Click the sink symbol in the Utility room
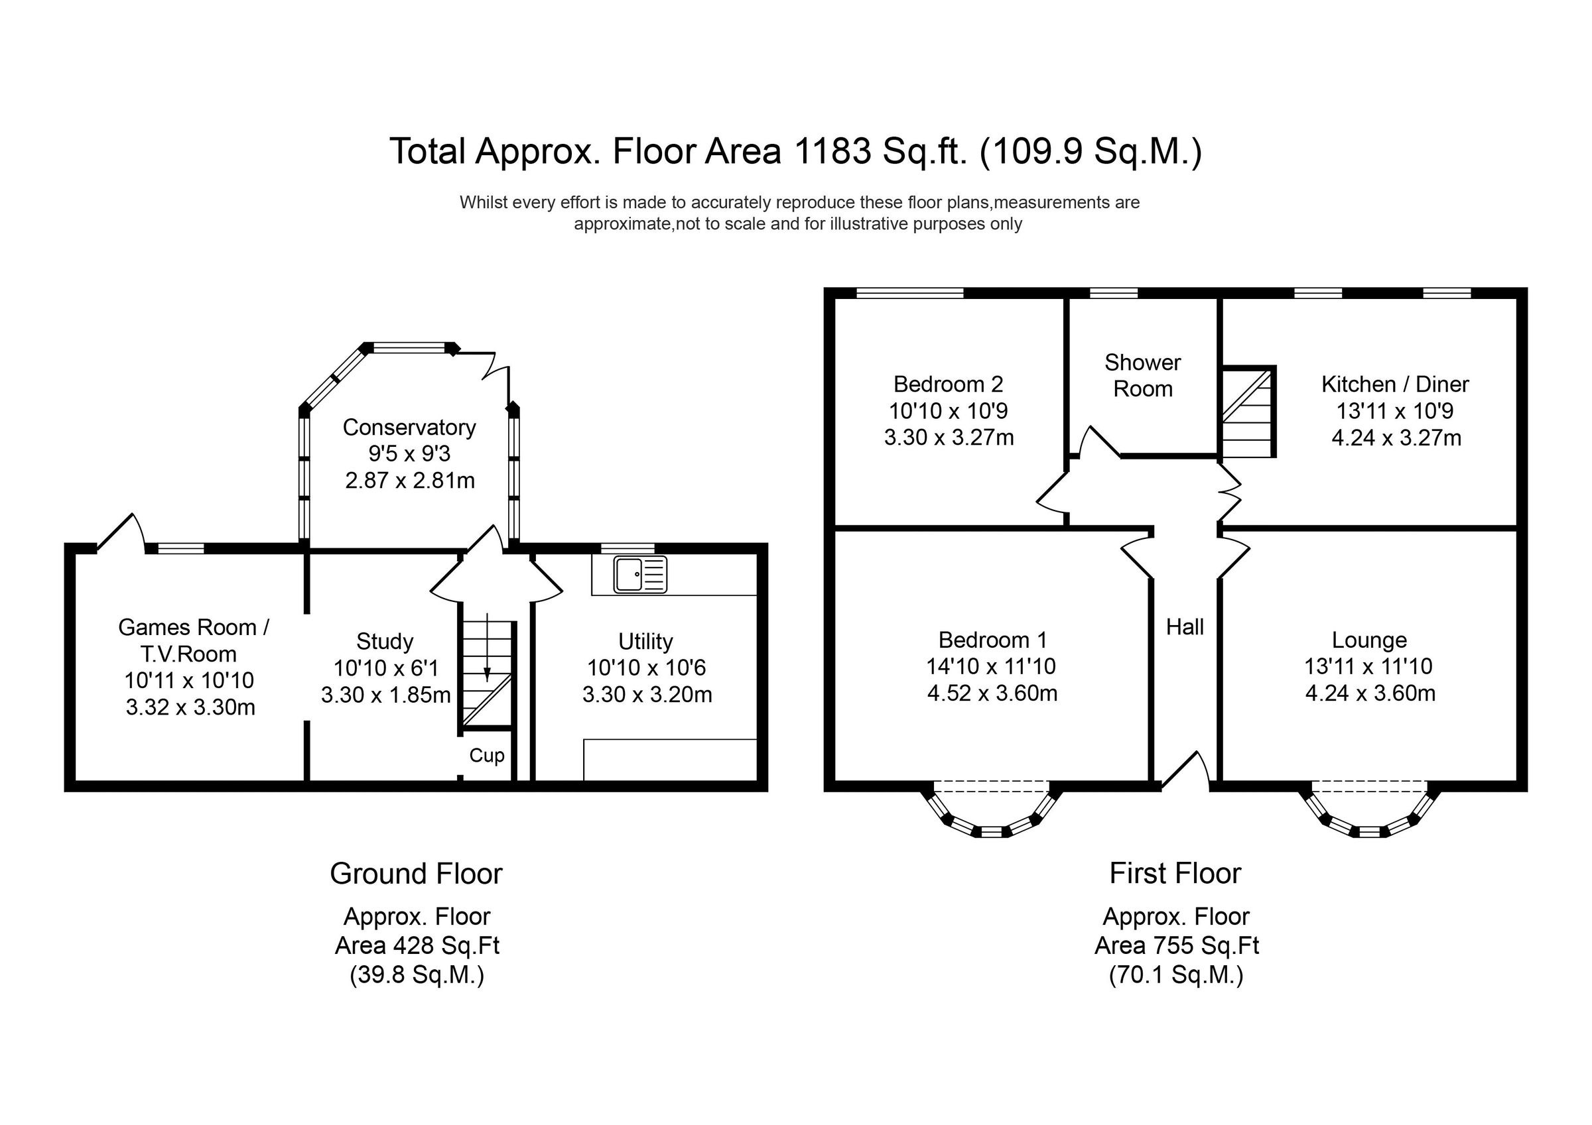pyautogui.click(x=640, y=575)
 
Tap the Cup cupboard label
pyautogui.click(x=487, y=756)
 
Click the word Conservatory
pyautogui.click(x=409, y=427)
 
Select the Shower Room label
pyautogui.click(x=1142, y=375)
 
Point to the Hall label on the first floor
pyautogui.click(x=1184, y=626)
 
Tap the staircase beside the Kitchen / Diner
pyautogui.click(x=1247, y=413)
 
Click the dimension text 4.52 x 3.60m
pyautogui.click(x=992, y=693)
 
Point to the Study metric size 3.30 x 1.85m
pyautogui.click(x=385, y=695)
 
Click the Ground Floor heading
pyautogui.click(x=416, y=873)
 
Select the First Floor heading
pyautogui.click(x=1175, y=872)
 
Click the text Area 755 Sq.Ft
pyautogui.click(x=1176, y=945)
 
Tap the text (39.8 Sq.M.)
pyautogui.click(x=417, y=975)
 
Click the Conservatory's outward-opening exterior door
pyautogui.click(x=494, y=365)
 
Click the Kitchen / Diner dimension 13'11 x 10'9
pyautogui.click(x=1394, y=411)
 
